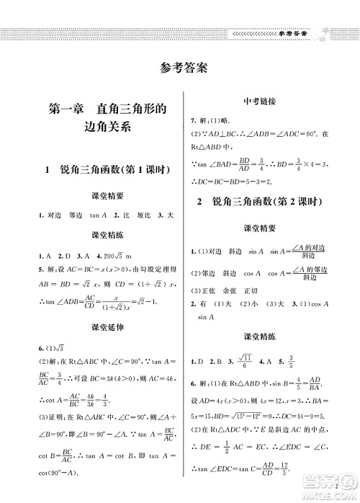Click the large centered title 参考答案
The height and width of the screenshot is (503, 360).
[180, 69]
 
